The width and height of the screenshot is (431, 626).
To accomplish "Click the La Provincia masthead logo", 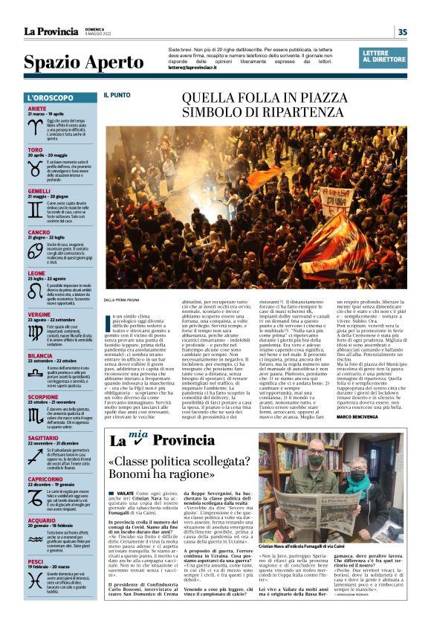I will coord(50,31).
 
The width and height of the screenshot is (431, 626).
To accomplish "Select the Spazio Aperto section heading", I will coord(74,63).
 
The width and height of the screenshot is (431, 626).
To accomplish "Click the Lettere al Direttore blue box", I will coord(383,57).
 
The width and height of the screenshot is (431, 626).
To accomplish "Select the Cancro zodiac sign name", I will coord(39,233).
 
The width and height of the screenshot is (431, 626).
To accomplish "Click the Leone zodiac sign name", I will coord(36,273).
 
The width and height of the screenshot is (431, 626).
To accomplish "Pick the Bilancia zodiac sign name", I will coord(39,356).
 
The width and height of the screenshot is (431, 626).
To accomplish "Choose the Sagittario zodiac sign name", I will coord(42,439).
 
